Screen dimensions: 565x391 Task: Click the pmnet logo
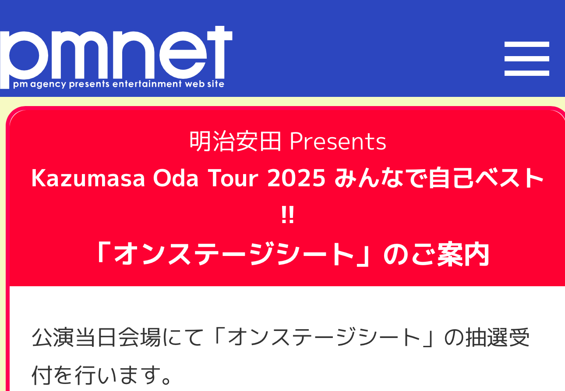[116, 57]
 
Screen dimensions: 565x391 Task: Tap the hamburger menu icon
[526, 59]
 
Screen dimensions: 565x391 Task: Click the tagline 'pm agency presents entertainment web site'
[119, 84]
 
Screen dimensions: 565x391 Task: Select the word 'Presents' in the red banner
[338, 142]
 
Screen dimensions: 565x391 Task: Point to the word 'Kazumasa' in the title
[88, 178]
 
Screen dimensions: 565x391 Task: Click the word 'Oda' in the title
[176, 178]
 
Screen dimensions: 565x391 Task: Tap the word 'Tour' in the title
[233, 178]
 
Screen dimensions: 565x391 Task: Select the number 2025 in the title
[296, 178]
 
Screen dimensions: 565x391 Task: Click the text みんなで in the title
[381, 178]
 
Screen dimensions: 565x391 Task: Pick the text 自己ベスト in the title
[486, 178]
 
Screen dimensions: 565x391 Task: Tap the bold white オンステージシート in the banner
[234, 254]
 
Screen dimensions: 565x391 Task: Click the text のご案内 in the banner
[436, 254]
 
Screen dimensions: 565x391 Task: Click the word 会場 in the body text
[139, 338]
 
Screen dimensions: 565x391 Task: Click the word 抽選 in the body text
[487, 338]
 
